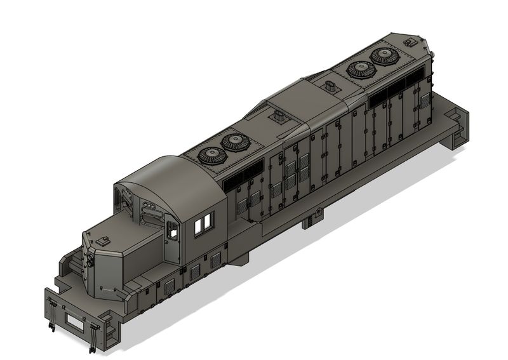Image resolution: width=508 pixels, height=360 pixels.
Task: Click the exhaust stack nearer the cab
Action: pyautogui.click(x=277, y=117)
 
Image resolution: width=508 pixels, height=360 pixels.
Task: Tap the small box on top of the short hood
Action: pyautogui.click(x=102, y=240)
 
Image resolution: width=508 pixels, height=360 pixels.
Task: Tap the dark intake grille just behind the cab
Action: pyautogui.click(x=245, y=173)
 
